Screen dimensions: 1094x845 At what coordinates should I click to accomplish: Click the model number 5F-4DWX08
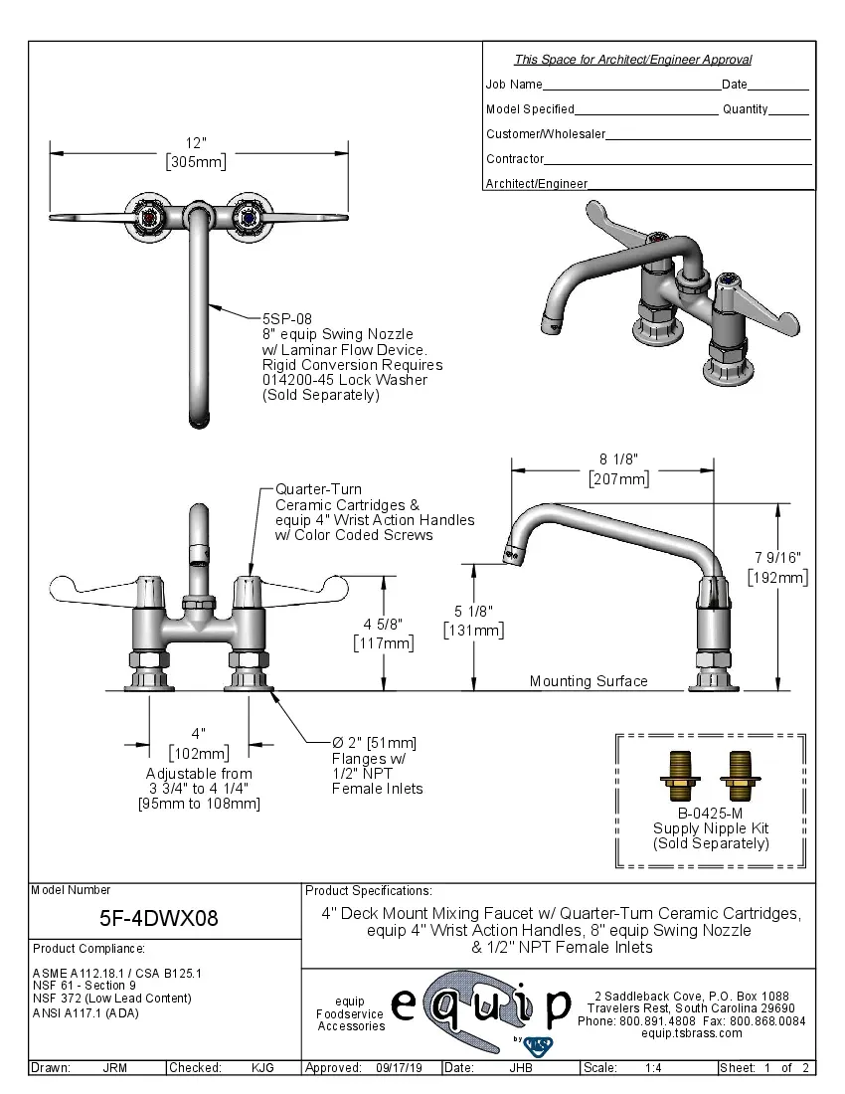tap(160, 918)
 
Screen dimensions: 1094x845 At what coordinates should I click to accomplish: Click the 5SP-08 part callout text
tap(287, 319)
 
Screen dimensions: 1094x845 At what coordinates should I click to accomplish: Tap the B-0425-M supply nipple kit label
tap(711, 813)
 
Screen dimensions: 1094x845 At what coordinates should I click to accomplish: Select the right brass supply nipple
tap(740, 776)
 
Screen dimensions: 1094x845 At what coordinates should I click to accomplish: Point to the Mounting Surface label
tap(588, 681)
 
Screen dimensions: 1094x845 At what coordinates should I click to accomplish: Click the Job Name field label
tap(514, 85)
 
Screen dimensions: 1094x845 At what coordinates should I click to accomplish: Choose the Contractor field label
tap(515, 159)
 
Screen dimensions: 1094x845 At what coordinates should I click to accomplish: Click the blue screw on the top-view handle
tap(245, 216)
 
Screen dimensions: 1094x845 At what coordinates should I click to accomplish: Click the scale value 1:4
tap(654, 1068)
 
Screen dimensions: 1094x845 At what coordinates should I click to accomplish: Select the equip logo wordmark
tap(480, 1006)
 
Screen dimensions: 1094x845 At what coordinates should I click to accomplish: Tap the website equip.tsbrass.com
tap(692, 1033)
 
